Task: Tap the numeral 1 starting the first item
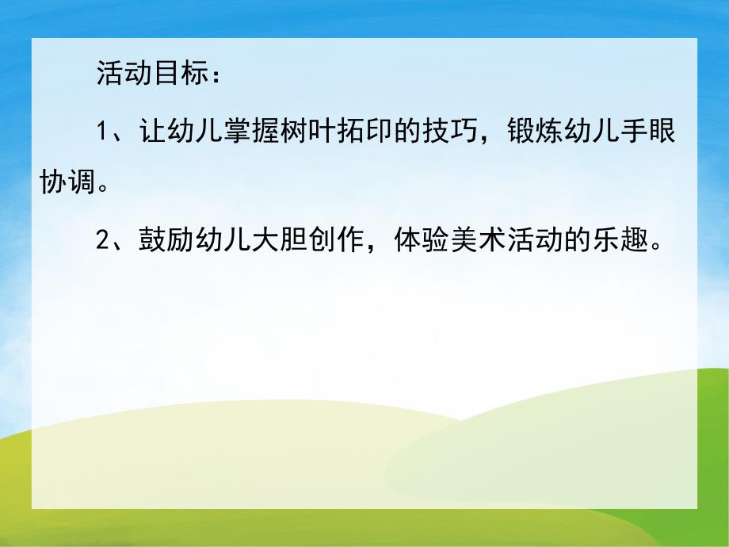coord(101,131)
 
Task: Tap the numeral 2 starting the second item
coord(101,242)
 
